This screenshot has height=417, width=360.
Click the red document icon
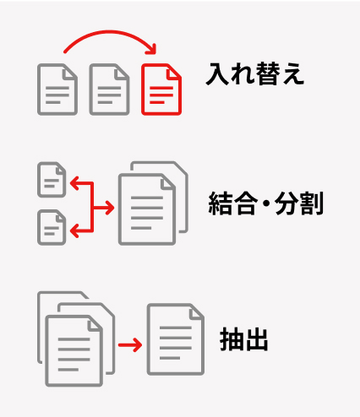(161, 89)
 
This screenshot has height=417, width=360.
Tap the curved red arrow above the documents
(110, 31)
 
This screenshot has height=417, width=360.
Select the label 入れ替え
(255, 73)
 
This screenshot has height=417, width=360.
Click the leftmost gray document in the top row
(57, 89)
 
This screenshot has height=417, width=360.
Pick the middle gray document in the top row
(109, 89)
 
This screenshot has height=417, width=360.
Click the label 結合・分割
(265, 203)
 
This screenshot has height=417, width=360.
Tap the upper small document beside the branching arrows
(52, 180)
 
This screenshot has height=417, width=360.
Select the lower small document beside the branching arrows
(52, 227)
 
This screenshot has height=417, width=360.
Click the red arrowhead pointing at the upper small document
(74, 183)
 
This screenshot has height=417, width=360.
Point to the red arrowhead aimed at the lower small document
(74, 231)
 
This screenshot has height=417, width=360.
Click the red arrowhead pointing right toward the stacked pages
(110, 208)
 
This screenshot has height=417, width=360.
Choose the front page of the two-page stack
(147, 209)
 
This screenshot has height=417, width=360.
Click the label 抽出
(244, 339)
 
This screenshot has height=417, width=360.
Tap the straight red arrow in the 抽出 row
(130, 345)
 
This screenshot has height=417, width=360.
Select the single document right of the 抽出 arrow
(176, 339)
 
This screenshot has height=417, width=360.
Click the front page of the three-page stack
(74, 350)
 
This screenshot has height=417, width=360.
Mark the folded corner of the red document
(174, 71)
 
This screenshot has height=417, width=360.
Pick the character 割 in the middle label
(311, 203)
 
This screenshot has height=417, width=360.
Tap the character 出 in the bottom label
(256, 339)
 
